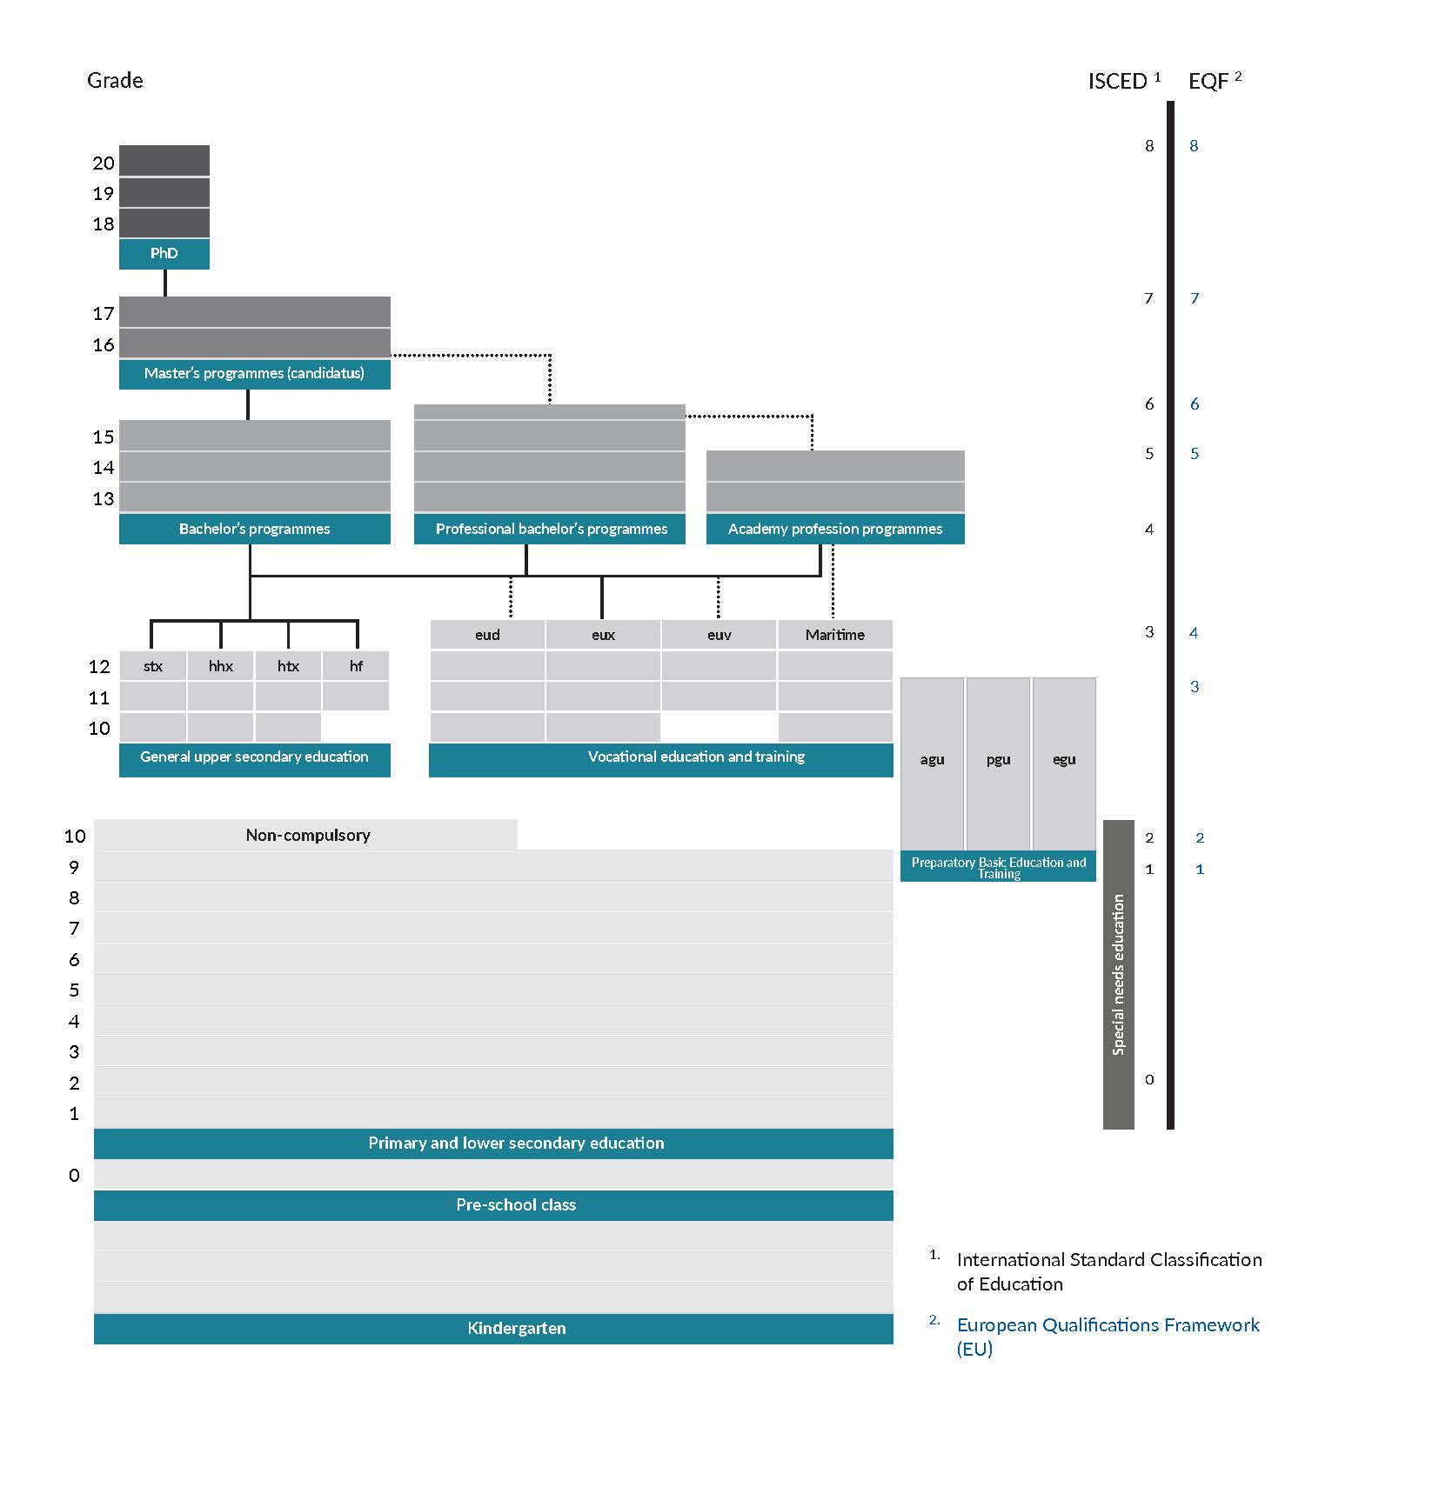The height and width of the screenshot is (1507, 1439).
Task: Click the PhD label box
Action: coord(164,254)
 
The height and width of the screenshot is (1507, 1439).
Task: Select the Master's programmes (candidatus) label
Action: coord(254,374)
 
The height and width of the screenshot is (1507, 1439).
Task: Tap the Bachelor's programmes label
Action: coord(254,529)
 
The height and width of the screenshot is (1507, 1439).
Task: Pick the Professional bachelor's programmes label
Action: coord(551,529)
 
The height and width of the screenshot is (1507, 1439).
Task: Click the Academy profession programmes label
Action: coord(834,529)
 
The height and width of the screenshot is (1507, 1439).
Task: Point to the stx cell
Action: coord(153,666)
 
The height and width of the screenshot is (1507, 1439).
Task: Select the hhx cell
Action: coord(221,666)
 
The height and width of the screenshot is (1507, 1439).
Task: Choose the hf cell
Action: coord(356,666)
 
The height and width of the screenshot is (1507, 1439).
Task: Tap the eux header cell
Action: coord(603,635)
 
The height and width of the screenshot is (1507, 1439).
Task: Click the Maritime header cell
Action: coord(834,635)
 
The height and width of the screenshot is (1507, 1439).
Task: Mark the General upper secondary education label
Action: coord(254,757)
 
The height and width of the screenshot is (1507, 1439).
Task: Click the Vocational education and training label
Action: coord(696,757)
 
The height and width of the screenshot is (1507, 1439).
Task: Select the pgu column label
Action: coord(998,759)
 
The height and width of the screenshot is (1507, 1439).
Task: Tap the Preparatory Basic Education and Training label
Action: coord(998,867)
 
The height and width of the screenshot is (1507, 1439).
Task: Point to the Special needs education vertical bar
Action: coord(1119,974)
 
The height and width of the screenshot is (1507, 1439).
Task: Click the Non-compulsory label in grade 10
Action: coord(308,836)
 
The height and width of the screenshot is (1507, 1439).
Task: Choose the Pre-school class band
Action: coord(515,1205)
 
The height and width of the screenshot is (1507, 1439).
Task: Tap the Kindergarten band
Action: coord(515,1329)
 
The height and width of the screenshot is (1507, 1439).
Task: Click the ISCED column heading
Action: coord(1118,82)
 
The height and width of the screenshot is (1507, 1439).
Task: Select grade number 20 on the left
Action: coord(104,163)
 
